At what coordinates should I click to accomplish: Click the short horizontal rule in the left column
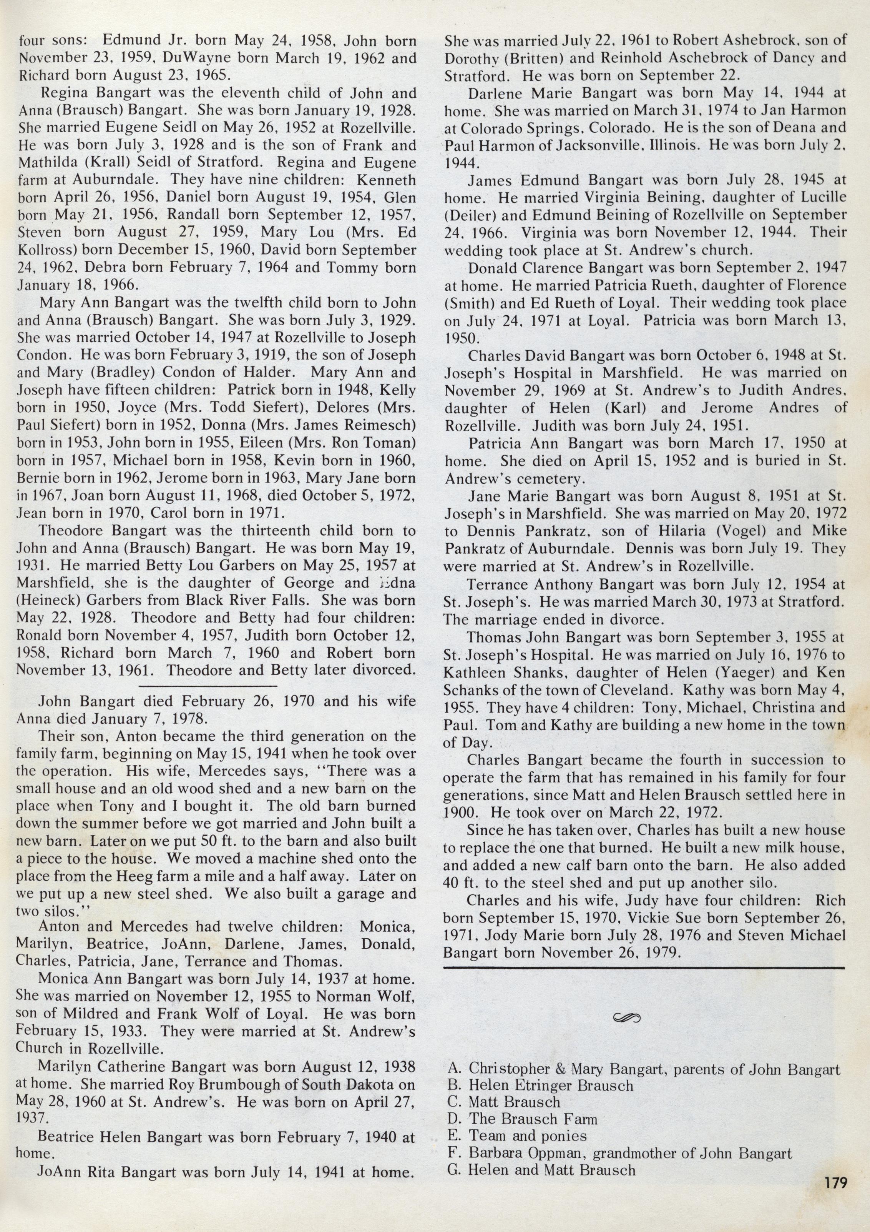(208, 686)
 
